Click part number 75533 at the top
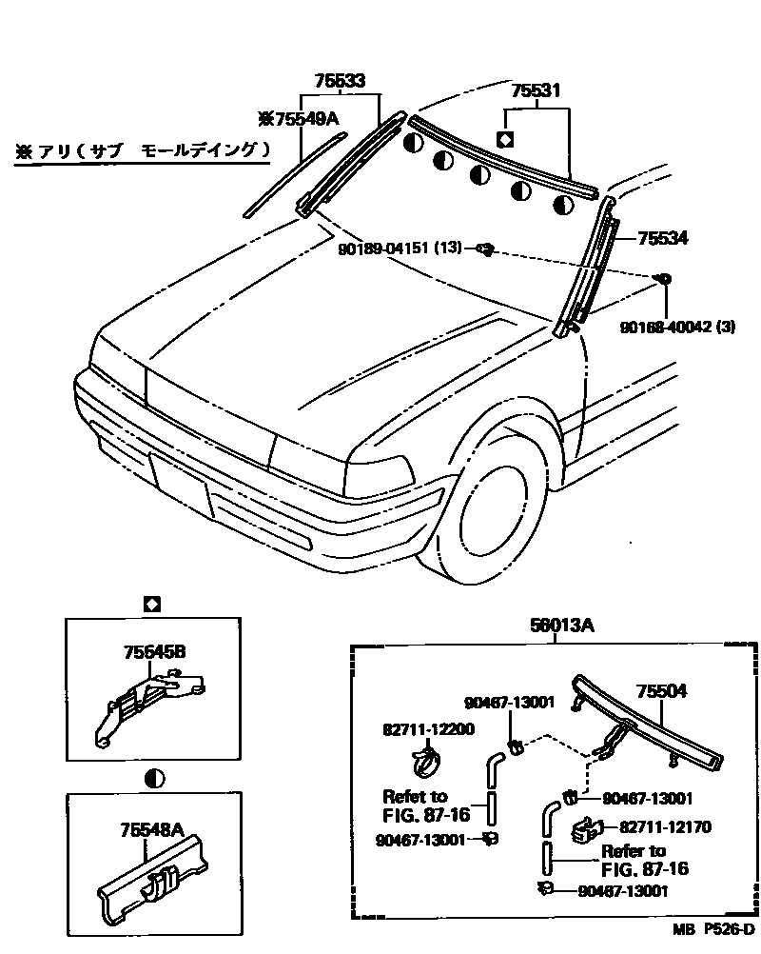tap(341, 83)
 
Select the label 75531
tap(536, 91)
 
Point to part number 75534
tap(663, 238)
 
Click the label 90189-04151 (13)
tap(400, 248)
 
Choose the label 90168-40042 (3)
tap(677, 328)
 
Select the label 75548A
tap(151, 830)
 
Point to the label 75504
tap(661, 692)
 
